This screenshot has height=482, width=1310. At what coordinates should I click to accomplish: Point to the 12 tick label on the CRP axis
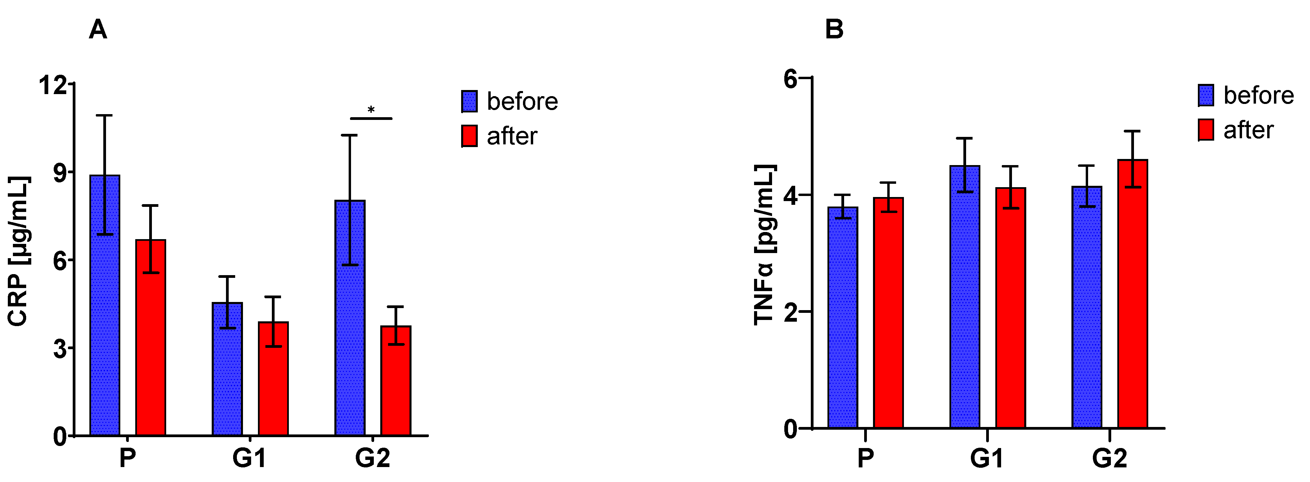53,85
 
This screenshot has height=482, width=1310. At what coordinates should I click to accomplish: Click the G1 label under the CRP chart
249,458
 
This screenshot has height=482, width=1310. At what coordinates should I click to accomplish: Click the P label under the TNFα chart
866,459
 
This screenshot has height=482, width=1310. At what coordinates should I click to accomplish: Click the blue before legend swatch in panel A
469,101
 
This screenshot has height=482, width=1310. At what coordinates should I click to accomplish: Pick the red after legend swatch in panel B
1206,130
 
